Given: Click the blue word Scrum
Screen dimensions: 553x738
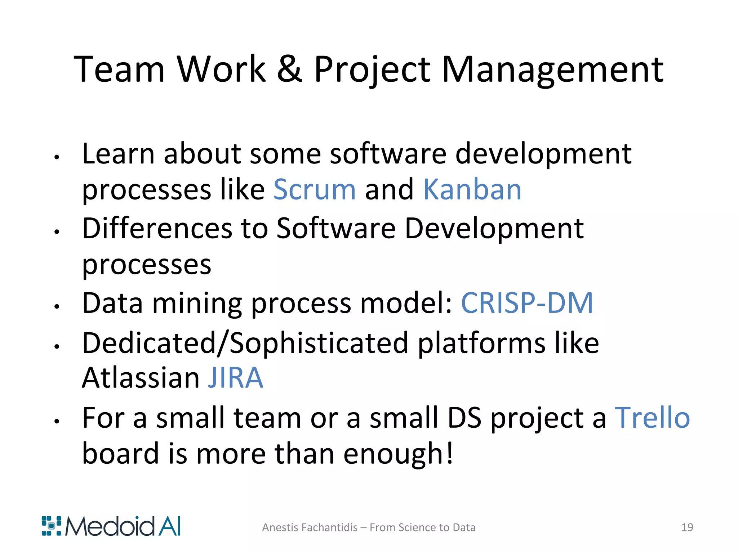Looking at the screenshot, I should coord(315,190).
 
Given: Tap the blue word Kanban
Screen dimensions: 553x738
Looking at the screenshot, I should coord(472,190).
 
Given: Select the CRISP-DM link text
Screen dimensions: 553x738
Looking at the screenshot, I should coord(527,303).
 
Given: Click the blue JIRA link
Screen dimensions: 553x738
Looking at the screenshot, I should coord(236,378).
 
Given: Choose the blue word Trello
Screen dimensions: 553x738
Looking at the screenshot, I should coord(652,418).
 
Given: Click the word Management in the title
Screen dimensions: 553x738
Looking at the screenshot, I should coord(552,69).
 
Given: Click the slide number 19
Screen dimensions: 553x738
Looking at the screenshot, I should coord(687,527).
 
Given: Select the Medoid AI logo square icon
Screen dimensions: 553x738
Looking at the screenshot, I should coord(52,526).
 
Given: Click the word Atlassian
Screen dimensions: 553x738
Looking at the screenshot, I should coord(141,378).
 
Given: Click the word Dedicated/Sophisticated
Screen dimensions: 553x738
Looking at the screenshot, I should coord(245,343).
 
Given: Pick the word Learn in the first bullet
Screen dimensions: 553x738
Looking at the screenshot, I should coord(118,154).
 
